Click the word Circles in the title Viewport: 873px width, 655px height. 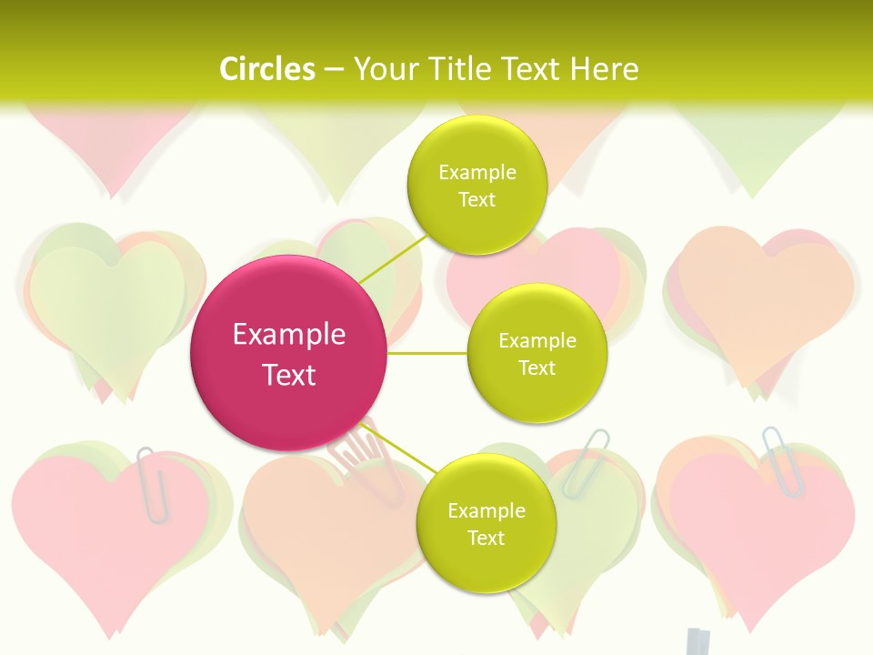click(267, 69)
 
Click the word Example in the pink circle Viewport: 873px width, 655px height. click(289, 335)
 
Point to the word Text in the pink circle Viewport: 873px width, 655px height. click(289, 375)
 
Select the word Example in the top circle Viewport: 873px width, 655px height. click(477, 173)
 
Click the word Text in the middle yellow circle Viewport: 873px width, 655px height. click(537, 368)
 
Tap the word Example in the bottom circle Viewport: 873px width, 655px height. click(486, 511)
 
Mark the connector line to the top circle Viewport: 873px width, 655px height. click(393, 255)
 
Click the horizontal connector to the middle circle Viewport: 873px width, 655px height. click(427, 353)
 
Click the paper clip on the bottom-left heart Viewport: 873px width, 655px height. click(152, 484)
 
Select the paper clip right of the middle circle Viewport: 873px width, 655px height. click(585, 461)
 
